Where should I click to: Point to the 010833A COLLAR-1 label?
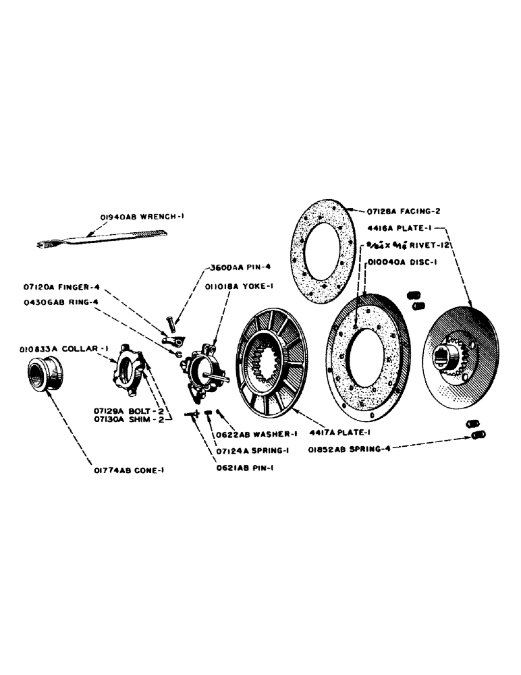pos(59,348)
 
